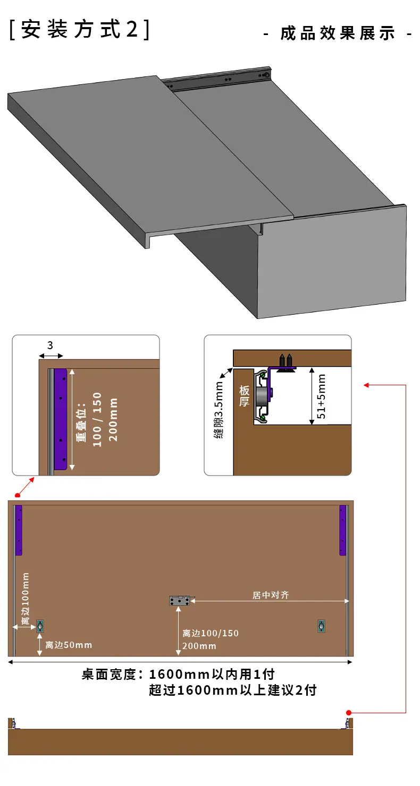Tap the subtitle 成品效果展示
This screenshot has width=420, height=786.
point(338,33)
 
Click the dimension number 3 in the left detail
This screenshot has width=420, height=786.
point(51,346)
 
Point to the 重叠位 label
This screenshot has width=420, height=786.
point(81,422)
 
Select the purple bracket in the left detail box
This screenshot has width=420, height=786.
point(61,419)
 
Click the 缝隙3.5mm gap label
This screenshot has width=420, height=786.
point(219,410)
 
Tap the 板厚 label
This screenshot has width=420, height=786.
point(244,396)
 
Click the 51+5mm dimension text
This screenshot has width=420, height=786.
point(322,396)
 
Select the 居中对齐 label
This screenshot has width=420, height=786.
point(271,595)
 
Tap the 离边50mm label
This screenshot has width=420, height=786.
point(69,645)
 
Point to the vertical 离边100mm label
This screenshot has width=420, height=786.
point(26,599)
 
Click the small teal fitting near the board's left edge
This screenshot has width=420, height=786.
point(40,626)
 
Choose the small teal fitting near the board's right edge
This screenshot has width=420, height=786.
point(321,626)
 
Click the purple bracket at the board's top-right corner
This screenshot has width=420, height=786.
point(343,530)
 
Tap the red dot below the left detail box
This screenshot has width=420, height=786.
point(18,495)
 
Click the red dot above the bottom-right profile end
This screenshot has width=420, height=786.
point(349,713)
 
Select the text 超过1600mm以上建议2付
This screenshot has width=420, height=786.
point(233,690)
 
